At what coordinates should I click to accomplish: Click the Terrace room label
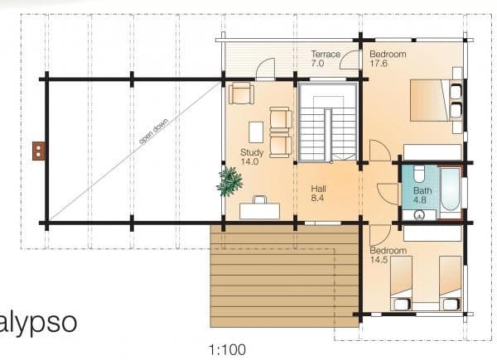[326, 54]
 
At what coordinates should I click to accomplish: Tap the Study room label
[252, 152]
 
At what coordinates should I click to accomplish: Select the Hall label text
[319, 189]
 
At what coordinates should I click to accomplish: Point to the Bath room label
[422, 190]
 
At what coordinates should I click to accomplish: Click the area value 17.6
[379, 64]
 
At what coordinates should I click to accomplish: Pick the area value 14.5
[379, 260]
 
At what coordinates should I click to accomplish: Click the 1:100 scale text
[227, 350]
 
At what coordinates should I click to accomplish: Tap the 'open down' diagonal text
[154, 131]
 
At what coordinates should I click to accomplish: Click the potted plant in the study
[230, 181]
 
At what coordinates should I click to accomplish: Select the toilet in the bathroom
[419, 174]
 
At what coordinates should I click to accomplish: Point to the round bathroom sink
[419, 215]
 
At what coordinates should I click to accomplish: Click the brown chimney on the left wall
[39, 151]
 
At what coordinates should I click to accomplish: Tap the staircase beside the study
[328, 122]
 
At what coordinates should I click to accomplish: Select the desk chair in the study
[259, 199]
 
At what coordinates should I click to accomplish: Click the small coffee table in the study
[256, 132]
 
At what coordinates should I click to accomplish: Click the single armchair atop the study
[241, 93]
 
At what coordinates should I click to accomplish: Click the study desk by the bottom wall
[259, 211]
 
